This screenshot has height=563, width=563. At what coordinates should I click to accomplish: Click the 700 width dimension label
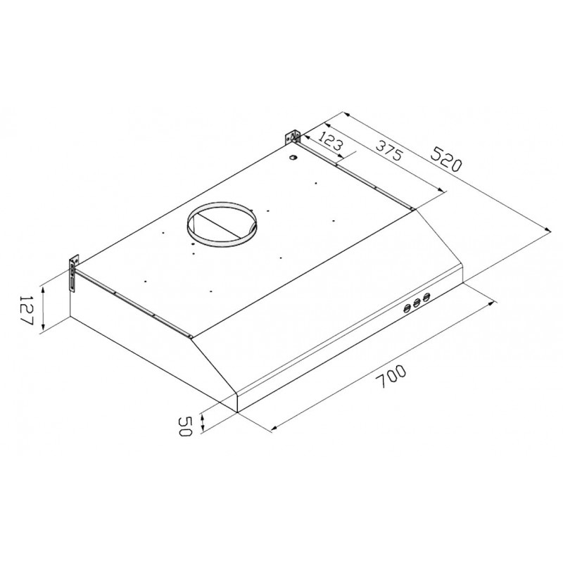point(393,377)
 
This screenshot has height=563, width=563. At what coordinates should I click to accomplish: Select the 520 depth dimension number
point(445,159)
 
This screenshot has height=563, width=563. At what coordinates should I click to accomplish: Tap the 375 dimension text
point(390,150)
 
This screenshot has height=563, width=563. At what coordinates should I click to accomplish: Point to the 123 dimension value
point(331,141)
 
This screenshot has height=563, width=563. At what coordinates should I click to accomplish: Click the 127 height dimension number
point(26,310)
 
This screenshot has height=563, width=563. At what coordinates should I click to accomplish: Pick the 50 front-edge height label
point(184,426)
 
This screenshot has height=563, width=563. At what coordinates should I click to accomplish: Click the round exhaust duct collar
point(222,224)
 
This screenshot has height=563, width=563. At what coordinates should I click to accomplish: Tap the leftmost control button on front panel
point(407,308)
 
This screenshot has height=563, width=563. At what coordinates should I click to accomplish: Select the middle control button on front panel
point(417,303)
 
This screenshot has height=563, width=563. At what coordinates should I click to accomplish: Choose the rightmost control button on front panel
point(426,297)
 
